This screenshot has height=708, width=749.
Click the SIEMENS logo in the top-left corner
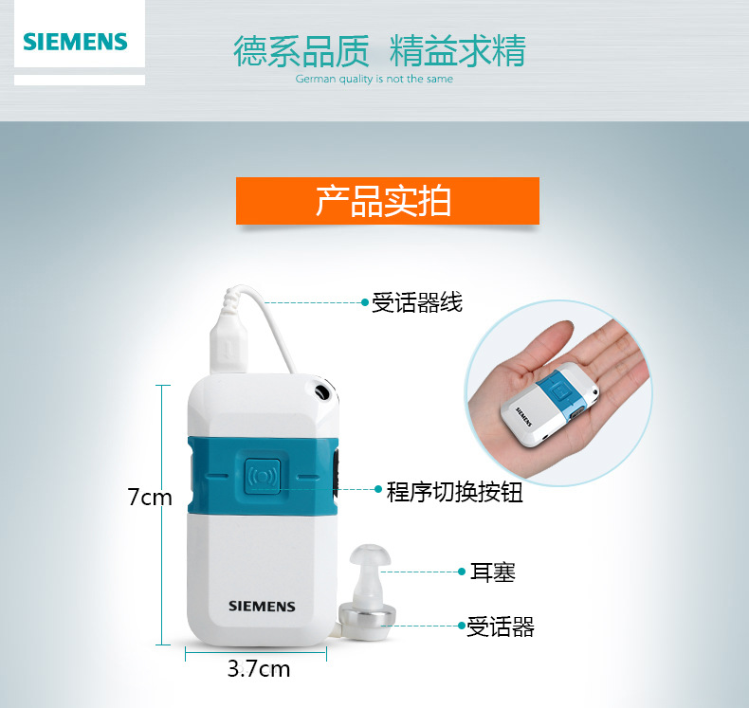tap(76, 42)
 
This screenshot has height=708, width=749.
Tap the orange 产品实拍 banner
tap(388, 201)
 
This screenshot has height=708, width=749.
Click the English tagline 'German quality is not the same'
tap(374, 80)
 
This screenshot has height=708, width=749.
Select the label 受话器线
tap(417, 302)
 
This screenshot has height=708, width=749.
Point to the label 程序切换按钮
tap(455, 492)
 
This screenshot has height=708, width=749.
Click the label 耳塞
tap(493, 572)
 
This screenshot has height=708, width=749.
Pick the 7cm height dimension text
tap(150, 497)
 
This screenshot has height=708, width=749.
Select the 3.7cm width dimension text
tap(259, 669)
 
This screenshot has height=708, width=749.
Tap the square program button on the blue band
tap(263, 476)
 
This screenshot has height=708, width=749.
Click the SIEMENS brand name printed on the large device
tap(262, 607)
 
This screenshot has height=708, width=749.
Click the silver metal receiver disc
tap(367, 620)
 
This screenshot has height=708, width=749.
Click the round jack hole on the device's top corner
tap(322, 392)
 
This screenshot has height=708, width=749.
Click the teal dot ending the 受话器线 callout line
tap(364, 302)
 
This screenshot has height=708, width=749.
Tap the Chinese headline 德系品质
tap(301, 51)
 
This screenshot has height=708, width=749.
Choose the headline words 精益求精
tap(458, 50)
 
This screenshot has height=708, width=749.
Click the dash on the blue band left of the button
tap(218, 476)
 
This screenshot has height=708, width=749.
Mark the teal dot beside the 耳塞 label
tap(462, 572)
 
